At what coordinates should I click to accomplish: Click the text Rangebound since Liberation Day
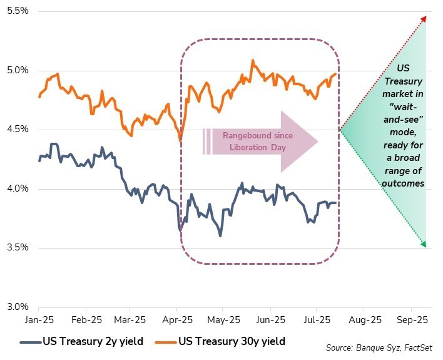pos(248,141)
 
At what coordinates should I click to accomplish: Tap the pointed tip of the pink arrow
pos(318,141)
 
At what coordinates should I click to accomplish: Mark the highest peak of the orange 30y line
pos(253,61)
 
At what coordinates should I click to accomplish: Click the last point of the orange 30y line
pos(336,73)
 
